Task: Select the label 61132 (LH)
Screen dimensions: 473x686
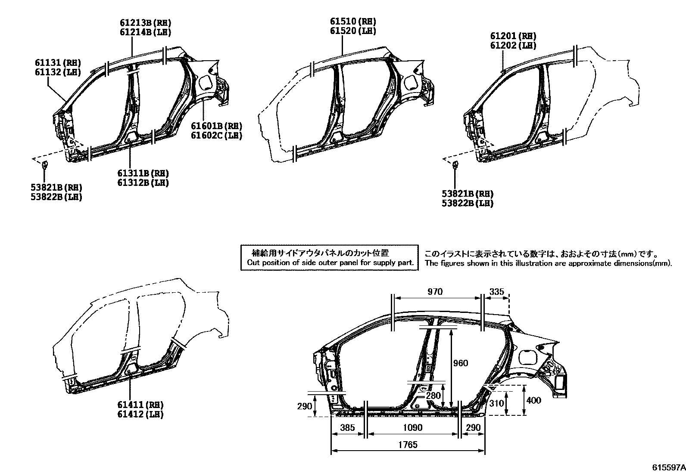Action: [x=58, y=72]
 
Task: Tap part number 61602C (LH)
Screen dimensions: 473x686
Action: [x=216, y=136]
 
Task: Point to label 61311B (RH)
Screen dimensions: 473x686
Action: [x=143, y=173]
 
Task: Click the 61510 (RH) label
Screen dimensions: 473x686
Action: [x=353, y=22]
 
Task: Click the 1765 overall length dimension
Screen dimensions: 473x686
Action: [x=408, y=445]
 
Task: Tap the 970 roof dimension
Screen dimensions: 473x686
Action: [x=435, y=292]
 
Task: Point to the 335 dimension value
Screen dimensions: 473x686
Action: [x=496, y=292]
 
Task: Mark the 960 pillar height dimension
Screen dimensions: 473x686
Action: [x=460, y=363]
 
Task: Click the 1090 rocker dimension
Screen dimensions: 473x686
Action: [x=412, y=427]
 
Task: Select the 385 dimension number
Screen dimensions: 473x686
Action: [x=347, y=427]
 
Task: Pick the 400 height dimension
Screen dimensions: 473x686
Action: [x=533, y=400]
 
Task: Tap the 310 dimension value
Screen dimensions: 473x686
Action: [x=496, y=403]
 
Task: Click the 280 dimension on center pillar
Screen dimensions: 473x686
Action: [x=433, y=395]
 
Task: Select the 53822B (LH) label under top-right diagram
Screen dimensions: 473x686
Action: [x=467, y=203]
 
